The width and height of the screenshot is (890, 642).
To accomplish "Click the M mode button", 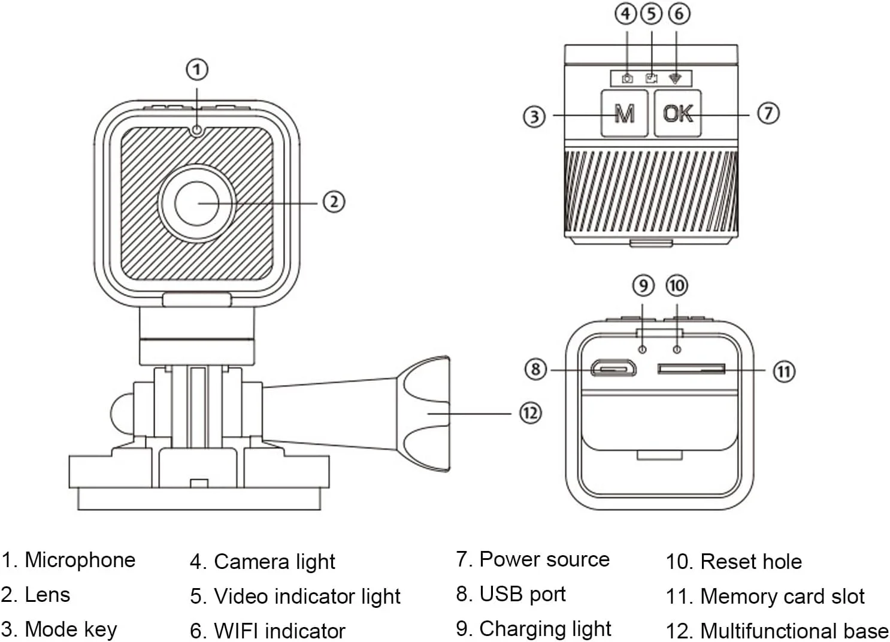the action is pyautogui.click(x=624, y=114).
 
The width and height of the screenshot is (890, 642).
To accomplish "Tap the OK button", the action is pyautogui.click(x=678, y=114).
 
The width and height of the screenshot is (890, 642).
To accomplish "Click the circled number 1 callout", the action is pyautogui.click(x=197, y=69).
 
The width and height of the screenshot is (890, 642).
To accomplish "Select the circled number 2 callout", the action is pyautogui.click(x=334, y=202).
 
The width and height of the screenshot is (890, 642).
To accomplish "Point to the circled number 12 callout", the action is pyautogui.click(x=531, y=413).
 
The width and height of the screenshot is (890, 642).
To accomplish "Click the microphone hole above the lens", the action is pyautogui.click(x=196, y=130).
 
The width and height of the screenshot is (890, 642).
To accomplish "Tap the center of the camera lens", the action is pyautogui.click(x=196, y=204).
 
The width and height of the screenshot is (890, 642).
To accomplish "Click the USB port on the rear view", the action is pyautogui.click(x=613, y=368).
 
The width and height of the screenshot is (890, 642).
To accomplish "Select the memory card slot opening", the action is pyautogui.click(x=691, y=369).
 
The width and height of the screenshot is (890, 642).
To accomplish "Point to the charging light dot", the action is pyautogui.click(x=642, y=350).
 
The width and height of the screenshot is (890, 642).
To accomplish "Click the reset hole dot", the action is pyautogui.click(x=677, y=350).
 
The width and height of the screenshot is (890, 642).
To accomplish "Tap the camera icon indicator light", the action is pyautogui.click(x=627, y=78).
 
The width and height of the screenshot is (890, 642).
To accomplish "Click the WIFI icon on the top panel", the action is pyautogui.click(x=675, y=78).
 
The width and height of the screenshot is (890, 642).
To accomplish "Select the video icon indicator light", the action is pyautogui.click(x=651, y=78).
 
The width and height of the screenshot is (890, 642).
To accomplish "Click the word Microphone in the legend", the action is pyautogui.click(x=80, y=560).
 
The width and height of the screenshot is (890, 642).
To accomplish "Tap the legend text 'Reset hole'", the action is pyautogui.click(x=751, y=562).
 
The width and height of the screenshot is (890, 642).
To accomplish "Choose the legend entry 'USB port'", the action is pyautogui.click(x=522, y=594).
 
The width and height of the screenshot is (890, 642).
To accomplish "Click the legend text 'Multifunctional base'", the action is pyautogui.click(x=794, y=631).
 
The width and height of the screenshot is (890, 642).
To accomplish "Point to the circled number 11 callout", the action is pyautogui.click(x=784, y=372).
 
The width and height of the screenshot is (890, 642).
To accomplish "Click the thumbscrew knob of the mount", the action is pyautogui.click(x=423, y=414).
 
